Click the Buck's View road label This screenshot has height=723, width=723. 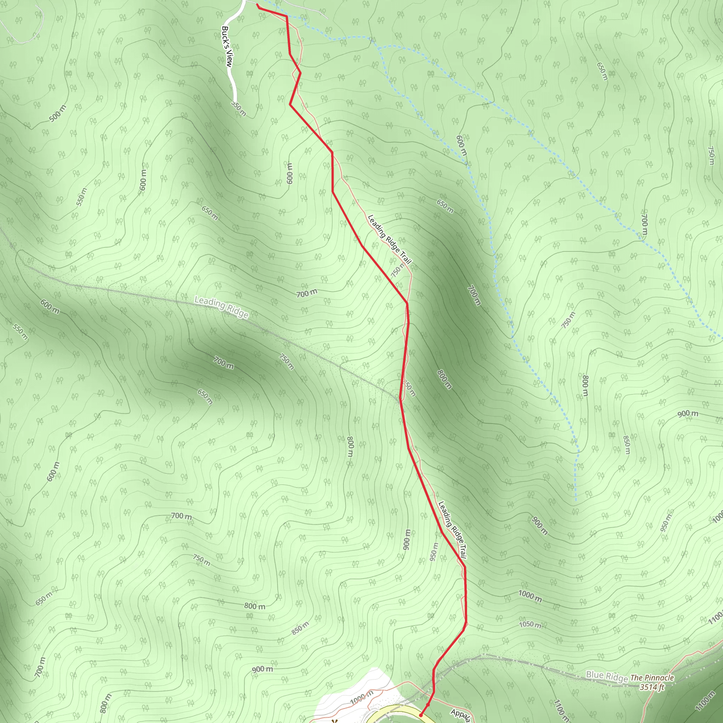[x=227, y=46]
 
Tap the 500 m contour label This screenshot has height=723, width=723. [x=58, y=113]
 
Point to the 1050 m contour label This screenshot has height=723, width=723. [x=530, y=624]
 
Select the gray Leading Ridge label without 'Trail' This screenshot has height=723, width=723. [x=221, y=307]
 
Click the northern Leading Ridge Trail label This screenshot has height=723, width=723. [x=390, y=240]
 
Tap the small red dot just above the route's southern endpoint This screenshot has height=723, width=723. [x=428, y=704]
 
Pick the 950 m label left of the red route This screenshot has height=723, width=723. [x=434, y=552]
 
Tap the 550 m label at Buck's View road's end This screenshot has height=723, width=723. [x=238, y=108]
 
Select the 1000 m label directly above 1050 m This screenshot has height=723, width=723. [x=530, y=596]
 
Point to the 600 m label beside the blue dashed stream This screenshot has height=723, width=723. [x=462, y=145]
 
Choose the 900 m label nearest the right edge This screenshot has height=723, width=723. [x=688, y=413]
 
